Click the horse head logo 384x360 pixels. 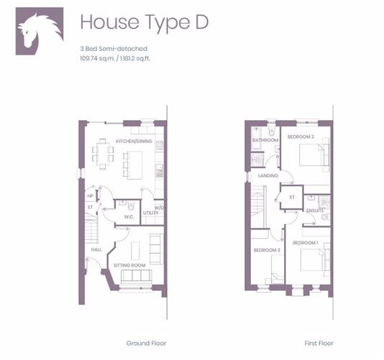pyautogui.click(x=40, y=31)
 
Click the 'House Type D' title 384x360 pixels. pyautogui.click(x=145, y=23)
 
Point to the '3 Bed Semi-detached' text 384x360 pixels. pyautogui.click(x=114, y=48)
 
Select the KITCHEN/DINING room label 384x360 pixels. pyautogui.click(x=134, y=142)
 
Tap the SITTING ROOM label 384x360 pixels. pyautogui.click(x=129, y=265)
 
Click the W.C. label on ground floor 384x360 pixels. pyautogui.click(x=129, y=217)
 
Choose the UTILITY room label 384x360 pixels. pyautogui.click(x=150, y=213)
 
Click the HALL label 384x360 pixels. pyautogui.click(x=96, y=249)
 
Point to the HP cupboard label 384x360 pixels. pyautogui.click(x=91, y=196)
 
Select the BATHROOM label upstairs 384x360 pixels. pyautogui.click(x=265, y=140)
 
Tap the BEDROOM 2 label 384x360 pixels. pyautogui.click(x=301, y=137)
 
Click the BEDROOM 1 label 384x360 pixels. pyautogui.click(x=306, y=243)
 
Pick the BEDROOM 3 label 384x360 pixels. pyautogui.click(x=267, y=250)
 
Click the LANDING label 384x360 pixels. pyautogui.click(x=268, y=175)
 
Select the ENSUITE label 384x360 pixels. pyautogui.click(x=315, y=211)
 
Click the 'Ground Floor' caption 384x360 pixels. pyautogui.click(x=146, y=343)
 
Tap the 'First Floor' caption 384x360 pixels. pyautogui.click(x=319, y=343)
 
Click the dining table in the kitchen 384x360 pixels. pyautogui.click(x=103, y=154)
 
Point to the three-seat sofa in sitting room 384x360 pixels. pyautogui.click(x=137, y=277)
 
